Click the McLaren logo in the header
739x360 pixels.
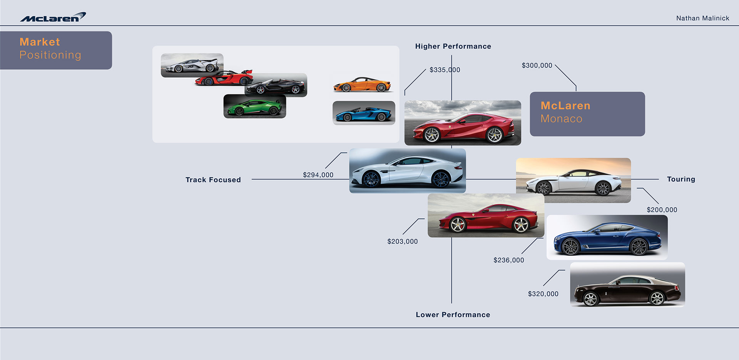coord(53,17)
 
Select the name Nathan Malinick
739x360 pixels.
coord(702,18)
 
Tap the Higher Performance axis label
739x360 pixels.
coord(453,46)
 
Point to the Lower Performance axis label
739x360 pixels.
coord(453,315)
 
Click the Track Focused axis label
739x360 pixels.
coord(213,180)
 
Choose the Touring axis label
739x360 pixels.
coord(681,179)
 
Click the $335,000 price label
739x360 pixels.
coord(445,70)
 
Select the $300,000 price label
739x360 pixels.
coord(537,65)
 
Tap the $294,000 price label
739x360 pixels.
coord(318,175)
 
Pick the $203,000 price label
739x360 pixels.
coord(403,241)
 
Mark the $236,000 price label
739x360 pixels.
coord(509,260)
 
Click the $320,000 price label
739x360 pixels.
coord(543,294)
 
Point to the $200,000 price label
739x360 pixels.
coord(662,210)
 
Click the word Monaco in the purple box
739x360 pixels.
coord(562,119)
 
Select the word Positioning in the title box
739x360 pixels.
coord(50,55)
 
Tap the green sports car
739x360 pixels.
coord(255,107)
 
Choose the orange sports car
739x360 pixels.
coord(362,85)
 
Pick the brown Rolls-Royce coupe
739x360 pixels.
coord(627,291)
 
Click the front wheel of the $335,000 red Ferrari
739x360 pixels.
coord(431,135)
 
